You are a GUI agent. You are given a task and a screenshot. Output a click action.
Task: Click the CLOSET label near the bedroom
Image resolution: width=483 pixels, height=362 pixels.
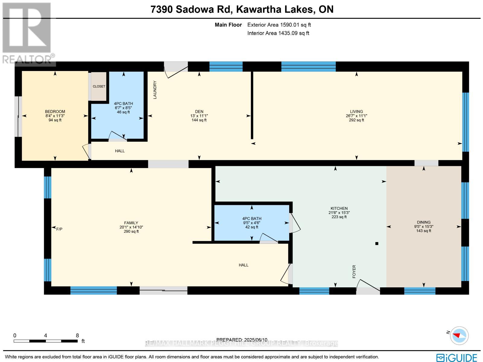point(99,86)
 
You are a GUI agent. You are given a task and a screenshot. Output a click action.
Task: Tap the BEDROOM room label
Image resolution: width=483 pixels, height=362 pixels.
point(55,112)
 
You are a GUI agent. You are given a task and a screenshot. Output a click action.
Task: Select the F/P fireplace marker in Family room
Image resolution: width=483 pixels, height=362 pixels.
point(59,229)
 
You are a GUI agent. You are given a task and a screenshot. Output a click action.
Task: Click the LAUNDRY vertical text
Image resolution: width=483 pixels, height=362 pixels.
point(155,90)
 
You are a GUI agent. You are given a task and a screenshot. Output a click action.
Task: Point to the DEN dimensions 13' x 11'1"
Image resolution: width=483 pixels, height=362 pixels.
point(199,116)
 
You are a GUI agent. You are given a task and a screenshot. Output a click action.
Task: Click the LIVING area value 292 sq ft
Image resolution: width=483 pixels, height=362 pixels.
point(357,120)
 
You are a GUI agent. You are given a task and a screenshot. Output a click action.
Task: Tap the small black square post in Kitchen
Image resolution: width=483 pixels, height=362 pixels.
point(376,244)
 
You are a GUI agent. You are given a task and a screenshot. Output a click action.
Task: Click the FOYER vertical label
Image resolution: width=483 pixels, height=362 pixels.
point(354,271)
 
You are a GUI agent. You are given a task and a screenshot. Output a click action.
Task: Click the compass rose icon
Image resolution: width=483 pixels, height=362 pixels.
point(459,335)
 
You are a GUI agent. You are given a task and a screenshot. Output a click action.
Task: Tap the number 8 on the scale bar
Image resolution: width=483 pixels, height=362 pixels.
point(77,335)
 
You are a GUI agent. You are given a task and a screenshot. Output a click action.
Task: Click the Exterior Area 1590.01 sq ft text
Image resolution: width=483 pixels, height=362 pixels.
point(279,25)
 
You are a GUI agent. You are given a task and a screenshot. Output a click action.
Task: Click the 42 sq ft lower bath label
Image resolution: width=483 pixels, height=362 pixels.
point(252,227)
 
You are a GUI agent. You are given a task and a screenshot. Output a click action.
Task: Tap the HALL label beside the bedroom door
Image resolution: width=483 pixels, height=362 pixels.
point(120,151)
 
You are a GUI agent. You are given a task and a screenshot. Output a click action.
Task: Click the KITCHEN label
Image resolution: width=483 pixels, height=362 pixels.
point(339,208)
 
